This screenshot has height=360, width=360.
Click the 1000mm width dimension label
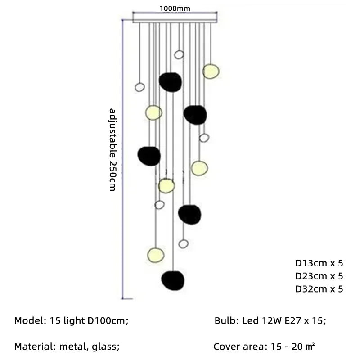click(x=175, y=8)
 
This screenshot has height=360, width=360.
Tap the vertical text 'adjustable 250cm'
click(x=113, y=149)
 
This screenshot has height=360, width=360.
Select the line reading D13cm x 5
click(x=319, y=263)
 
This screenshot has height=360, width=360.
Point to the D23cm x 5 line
click(x=319, y=276)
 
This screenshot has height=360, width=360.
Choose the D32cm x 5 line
click(x=319, y=289)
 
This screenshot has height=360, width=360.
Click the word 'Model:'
click(x=30, y=321)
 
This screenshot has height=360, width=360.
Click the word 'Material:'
click(x=36, y=346)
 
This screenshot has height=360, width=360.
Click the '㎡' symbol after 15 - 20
click(x=310, y=346)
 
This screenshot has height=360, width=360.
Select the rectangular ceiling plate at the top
click(x=175, y=19)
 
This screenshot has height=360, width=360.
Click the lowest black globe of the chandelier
click(x=173, y=279)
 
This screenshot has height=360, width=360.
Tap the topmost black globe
click(x=171, y=82)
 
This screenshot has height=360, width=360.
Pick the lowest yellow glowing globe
click(x=156, y=255)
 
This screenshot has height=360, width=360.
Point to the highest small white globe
click(x=179, y=55)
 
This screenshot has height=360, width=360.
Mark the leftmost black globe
click(x=149, y=155)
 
